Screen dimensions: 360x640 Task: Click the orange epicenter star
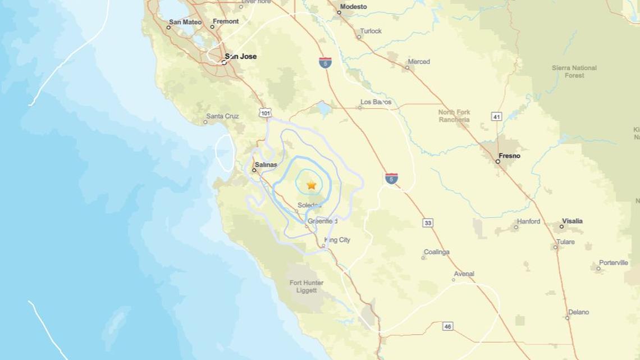312,185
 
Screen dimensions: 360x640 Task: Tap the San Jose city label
240,56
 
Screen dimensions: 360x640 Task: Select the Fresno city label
509,156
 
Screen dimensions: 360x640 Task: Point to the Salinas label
266,165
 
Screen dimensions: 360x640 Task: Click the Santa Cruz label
223,116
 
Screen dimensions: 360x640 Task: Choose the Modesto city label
354,7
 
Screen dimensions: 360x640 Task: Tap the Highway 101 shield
266,113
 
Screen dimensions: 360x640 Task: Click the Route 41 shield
496,116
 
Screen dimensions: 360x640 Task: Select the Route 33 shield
428,223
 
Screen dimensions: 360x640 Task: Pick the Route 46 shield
447,326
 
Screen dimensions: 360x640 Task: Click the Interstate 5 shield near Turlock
325,62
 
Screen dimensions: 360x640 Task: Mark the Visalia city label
572,221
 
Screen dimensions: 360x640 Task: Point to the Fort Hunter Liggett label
307,286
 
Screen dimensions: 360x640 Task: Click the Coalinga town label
437,252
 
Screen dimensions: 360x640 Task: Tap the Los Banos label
376,102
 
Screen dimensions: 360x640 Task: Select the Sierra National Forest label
574,71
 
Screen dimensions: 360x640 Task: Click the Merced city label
419,62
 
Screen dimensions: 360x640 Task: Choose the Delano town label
578,312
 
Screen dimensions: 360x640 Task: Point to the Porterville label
613,263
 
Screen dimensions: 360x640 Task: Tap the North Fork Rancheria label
454,116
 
